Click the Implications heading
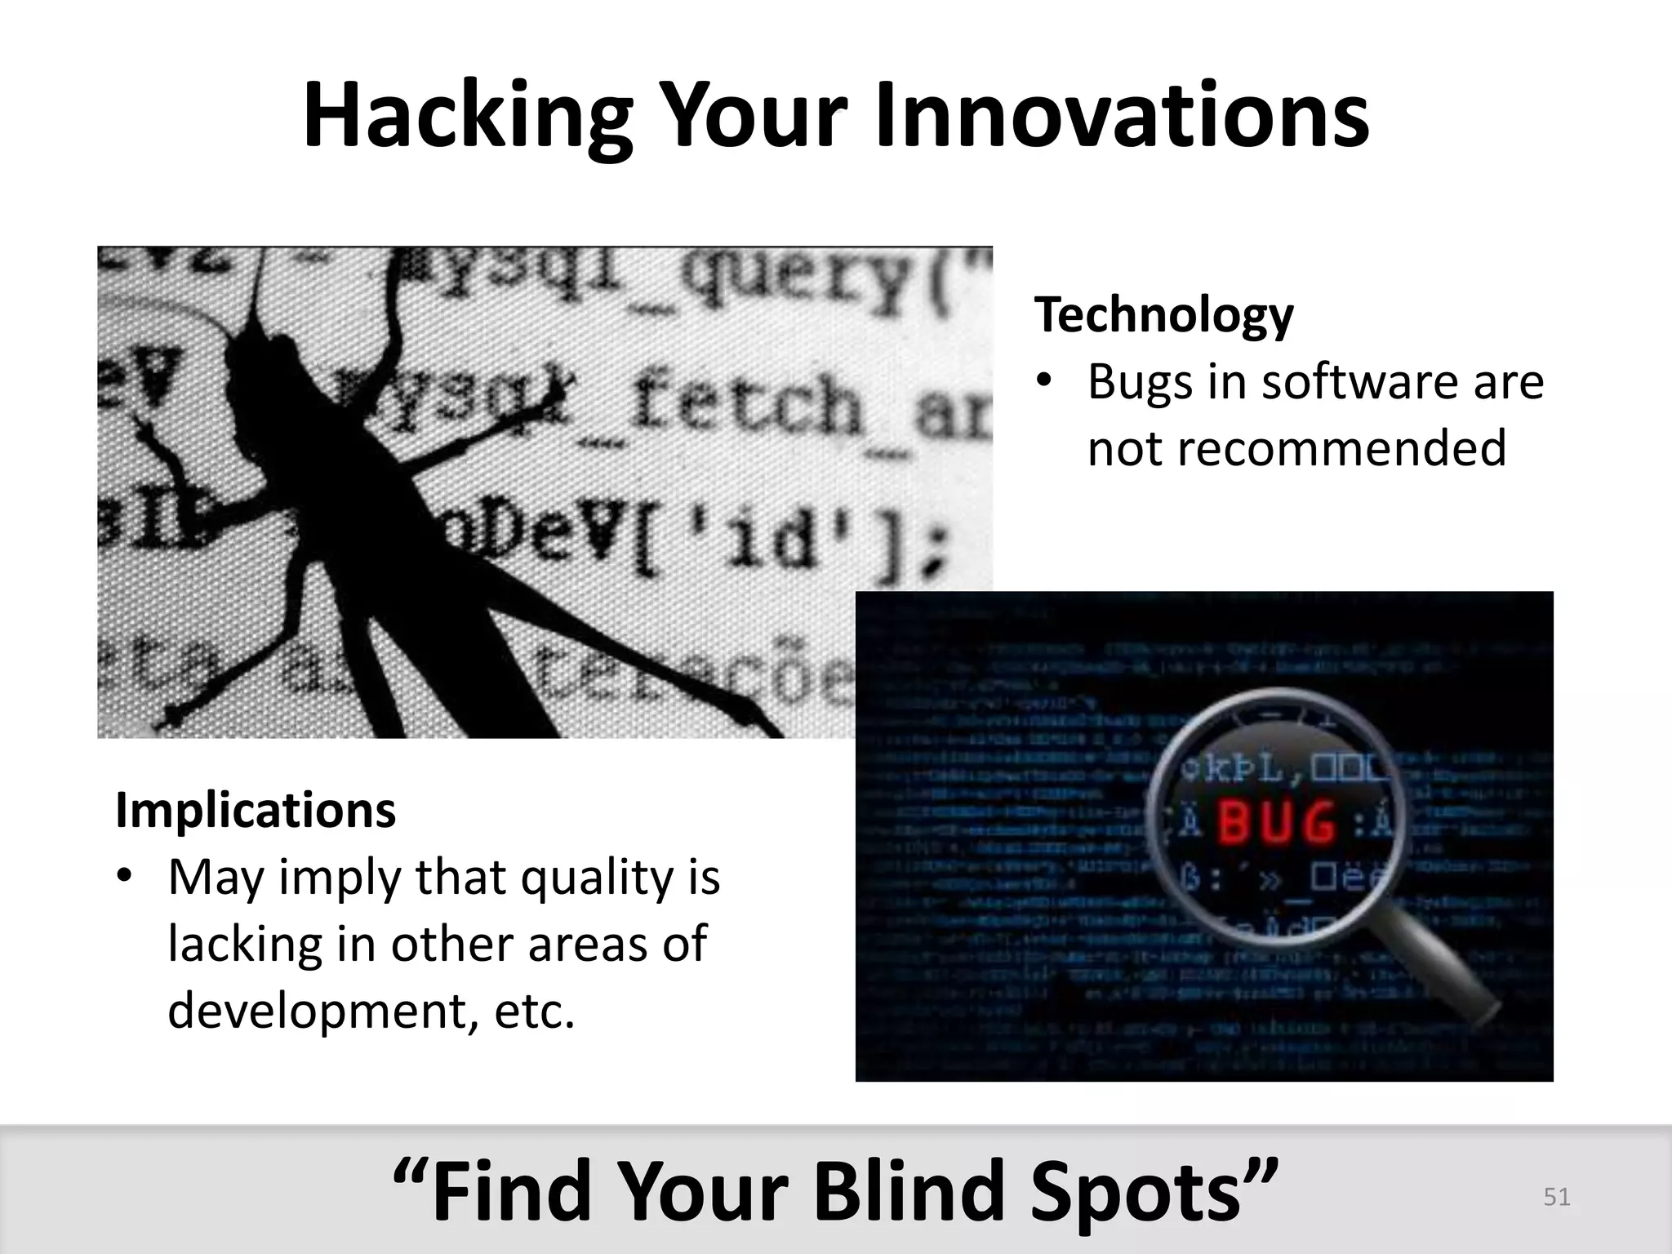(256, 810)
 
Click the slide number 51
(1556, 1197)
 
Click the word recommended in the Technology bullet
(1296, 448)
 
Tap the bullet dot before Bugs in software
(1044, 383)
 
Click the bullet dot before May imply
(124, 877)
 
